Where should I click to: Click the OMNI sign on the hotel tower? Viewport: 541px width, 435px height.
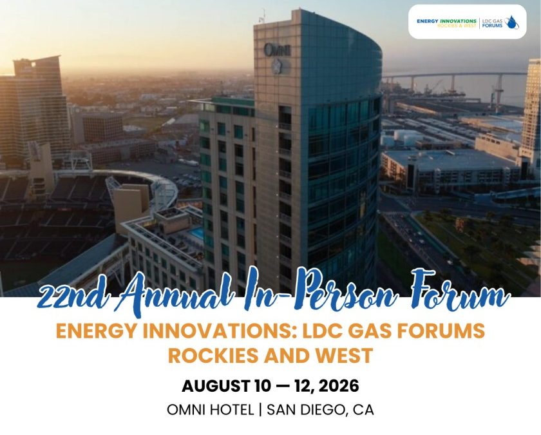(278, 49)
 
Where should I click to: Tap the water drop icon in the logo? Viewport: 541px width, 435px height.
(511, 22)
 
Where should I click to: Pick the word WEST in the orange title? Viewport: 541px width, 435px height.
(344, 355)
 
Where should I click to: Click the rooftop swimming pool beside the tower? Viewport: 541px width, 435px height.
(197, 233)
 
